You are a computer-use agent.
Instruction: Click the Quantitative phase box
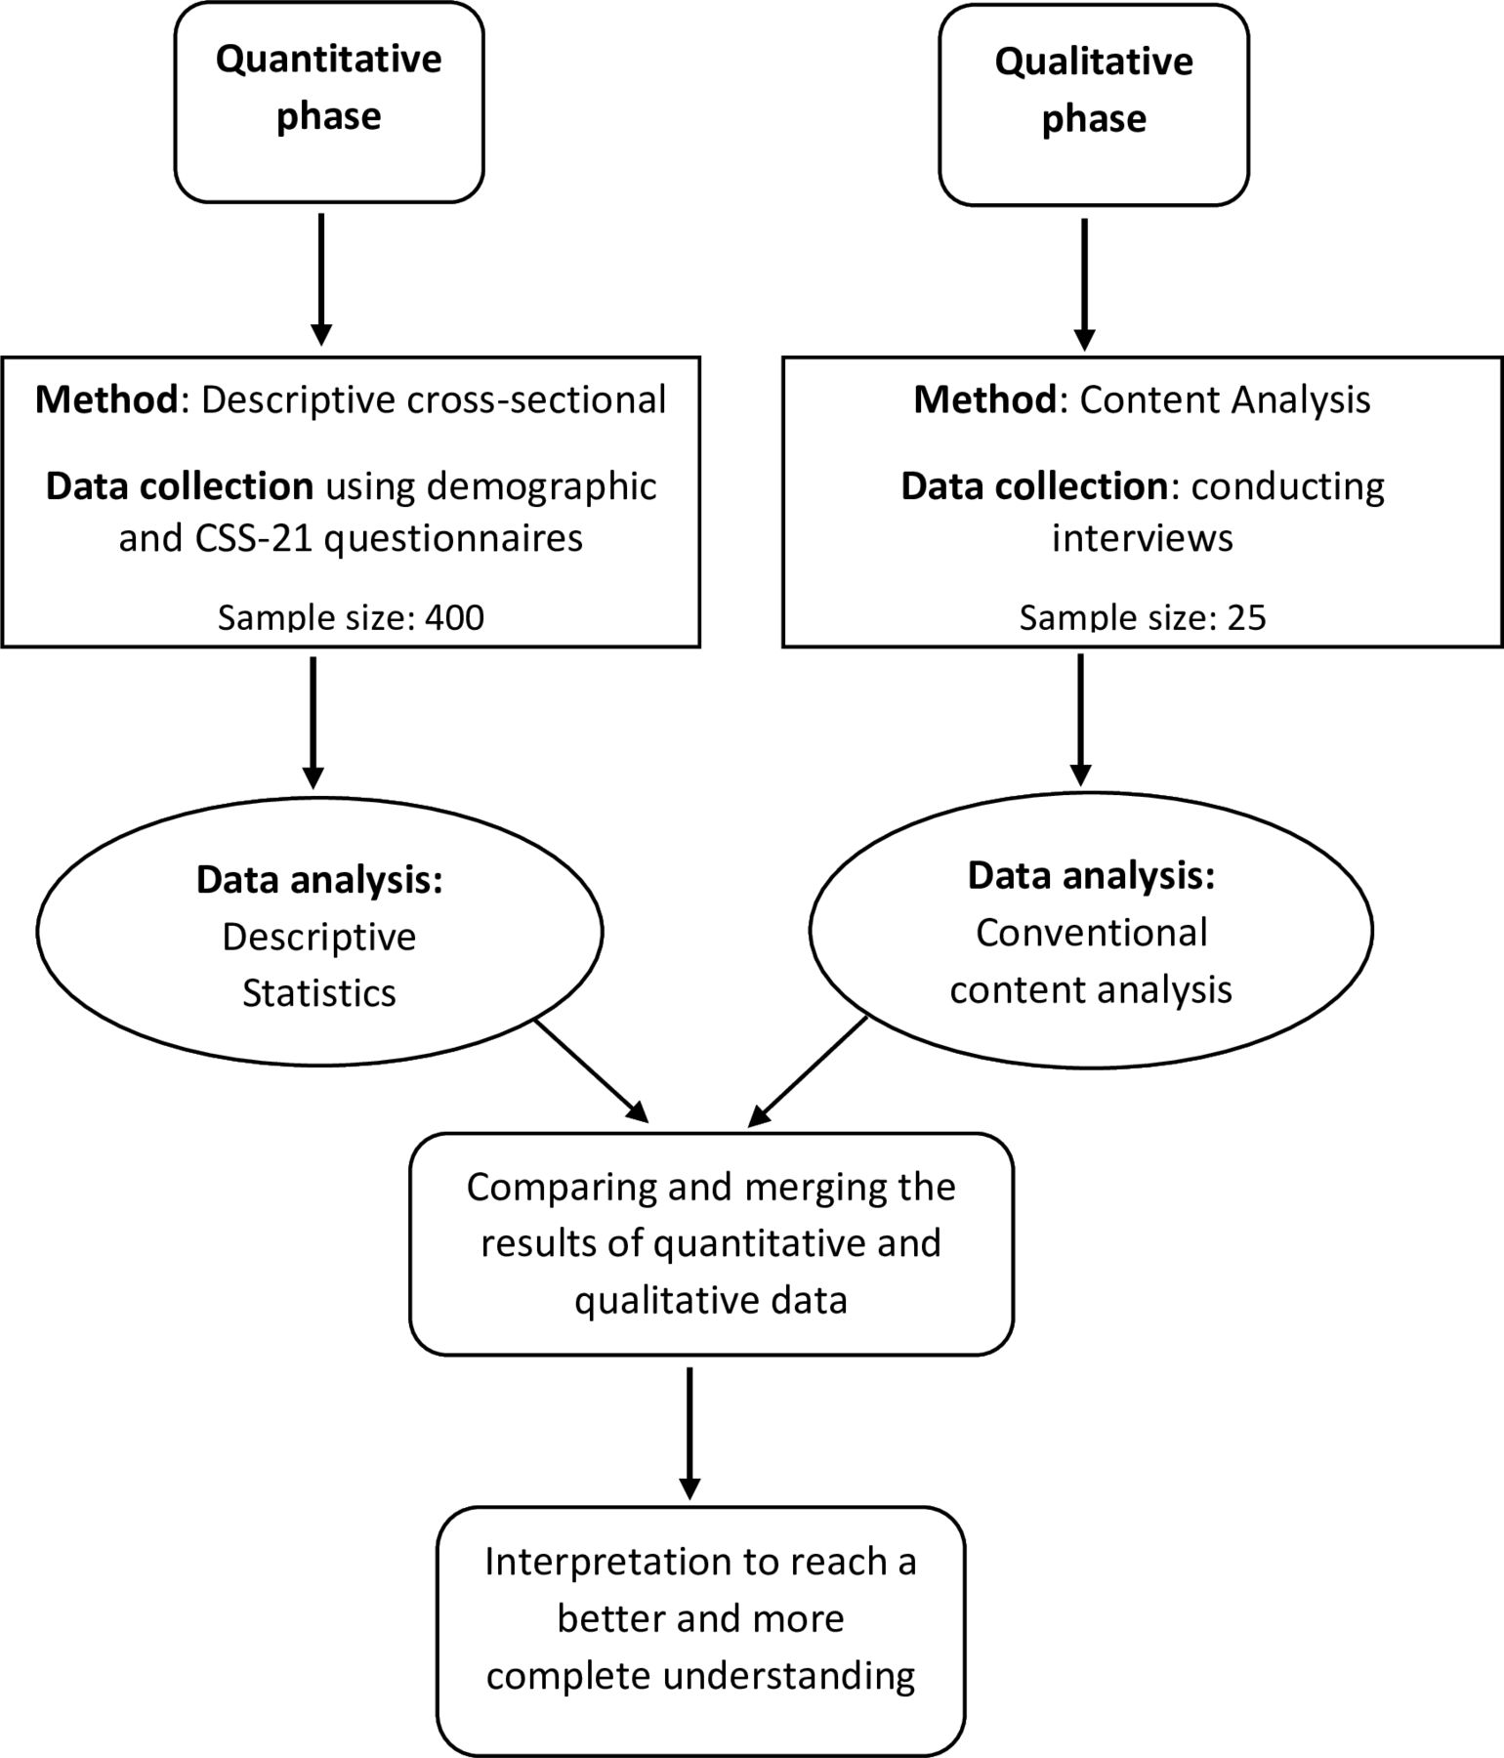[329, 103]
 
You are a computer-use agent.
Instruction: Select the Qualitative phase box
[1094, 105]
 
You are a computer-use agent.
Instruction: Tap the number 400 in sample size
[454, 617]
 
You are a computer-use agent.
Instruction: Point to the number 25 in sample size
[1246, 617]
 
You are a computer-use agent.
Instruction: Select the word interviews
[1143, 538]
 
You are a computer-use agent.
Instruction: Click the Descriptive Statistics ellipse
[319, 931]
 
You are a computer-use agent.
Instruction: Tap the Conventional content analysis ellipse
[1092, 928]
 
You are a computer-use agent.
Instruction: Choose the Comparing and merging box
[711, 1243]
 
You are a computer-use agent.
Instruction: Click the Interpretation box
[700, 1618]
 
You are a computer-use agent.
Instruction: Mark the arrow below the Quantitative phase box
[321, 279]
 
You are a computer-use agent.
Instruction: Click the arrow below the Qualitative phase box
[1084, 284]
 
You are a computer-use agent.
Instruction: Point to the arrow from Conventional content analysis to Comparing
[808, 1071]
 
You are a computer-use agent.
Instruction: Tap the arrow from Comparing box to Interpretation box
[689, 1433]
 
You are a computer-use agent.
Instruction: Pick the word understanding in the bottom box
[789, 1676]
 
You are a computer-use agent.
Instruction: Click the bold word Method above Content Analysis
[984, 399]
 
